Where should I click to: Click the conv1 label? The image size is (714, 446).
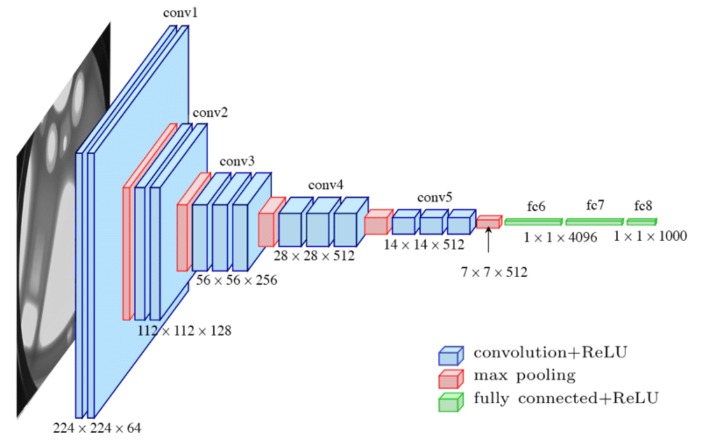point(180,12)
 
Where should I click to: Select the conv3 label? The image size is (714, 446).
point(237,160)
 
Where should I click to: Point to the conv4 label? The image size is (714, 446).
point(325,186)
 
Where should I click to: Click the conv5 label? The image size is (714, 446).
point(435,197)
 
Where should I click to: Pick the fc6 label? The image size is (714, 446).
point(536,206)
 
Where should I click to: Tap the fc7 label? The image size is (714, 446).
point(595,205)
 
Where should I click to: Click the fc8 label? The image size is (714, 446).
point(643,206)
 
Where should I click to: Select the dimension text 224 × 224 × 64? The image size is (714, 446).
point(97,428)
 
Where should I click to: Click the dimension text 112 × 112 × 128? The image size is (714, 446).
point(185,331)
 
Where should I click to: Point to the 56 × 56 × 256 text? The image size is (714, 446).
point(236,280)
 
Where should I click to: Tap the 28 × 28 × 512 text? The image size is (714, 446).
point(314,255)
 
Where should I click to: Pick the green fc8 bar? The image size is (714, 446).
point(642,222)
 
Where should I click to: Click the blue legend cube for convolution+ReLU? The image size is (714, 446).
point(450,354)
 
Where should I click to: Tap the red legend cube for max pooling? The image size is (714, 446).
point(450,378)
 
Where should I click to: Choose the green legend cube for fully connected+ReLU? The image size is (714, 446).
point(450,402)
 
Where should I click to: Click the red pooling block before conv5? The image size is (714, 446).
point(377,224)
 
